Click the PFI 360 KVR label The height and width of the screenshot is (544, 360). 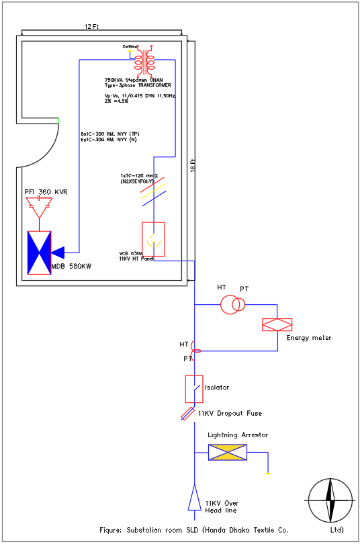pos(46,192)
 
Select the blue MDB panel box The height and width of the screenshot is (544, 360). pos(39,253)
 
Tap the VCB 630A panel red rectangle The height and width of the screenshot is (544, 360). pos(153,239)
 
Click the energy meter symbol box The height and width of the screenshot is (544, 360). pos(276,324)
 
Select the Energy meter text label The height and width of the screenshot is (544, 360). pos(308,337)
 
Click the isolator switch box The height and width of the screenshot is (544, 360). pos(193,389)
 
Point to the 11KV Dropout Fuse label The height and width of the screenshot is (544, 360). pos(234,414)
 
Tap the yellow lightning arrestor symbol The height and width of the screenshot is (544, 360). pos(227,453)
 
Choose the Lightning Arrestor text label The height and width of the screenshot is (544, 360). pos(237,435)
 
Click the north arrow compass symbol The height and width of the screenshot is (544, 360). pos(330,500)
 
